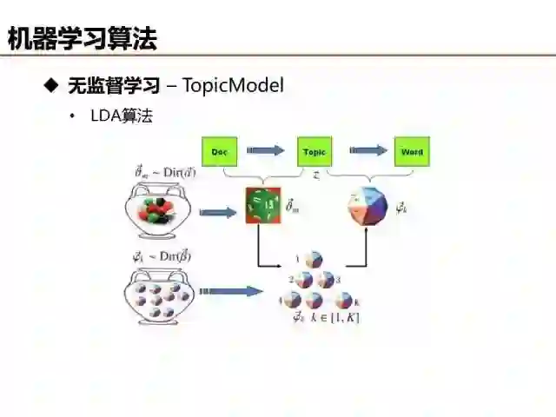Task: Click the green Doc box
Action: point(219,152)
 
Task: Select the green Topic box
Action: point(314,152)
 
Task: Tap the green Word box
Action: point(412,152)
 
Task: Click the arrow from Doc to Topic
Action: point(266,151)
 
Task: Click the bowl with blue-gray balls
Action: point(160,296)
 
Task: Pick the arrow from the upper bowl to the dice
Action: point(218,212)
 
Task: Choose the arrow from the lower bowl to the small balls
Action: point(230,291)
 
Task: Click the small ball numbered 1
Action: point(314,260)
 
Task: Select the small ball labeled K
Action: point(343,300)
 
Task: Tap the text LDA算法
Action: point(122,116)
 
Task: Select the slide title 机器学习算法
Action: point(83,38)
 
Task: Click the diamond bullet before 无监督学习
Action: point(50,85)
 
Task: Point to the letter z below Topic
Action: point(315,175)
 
